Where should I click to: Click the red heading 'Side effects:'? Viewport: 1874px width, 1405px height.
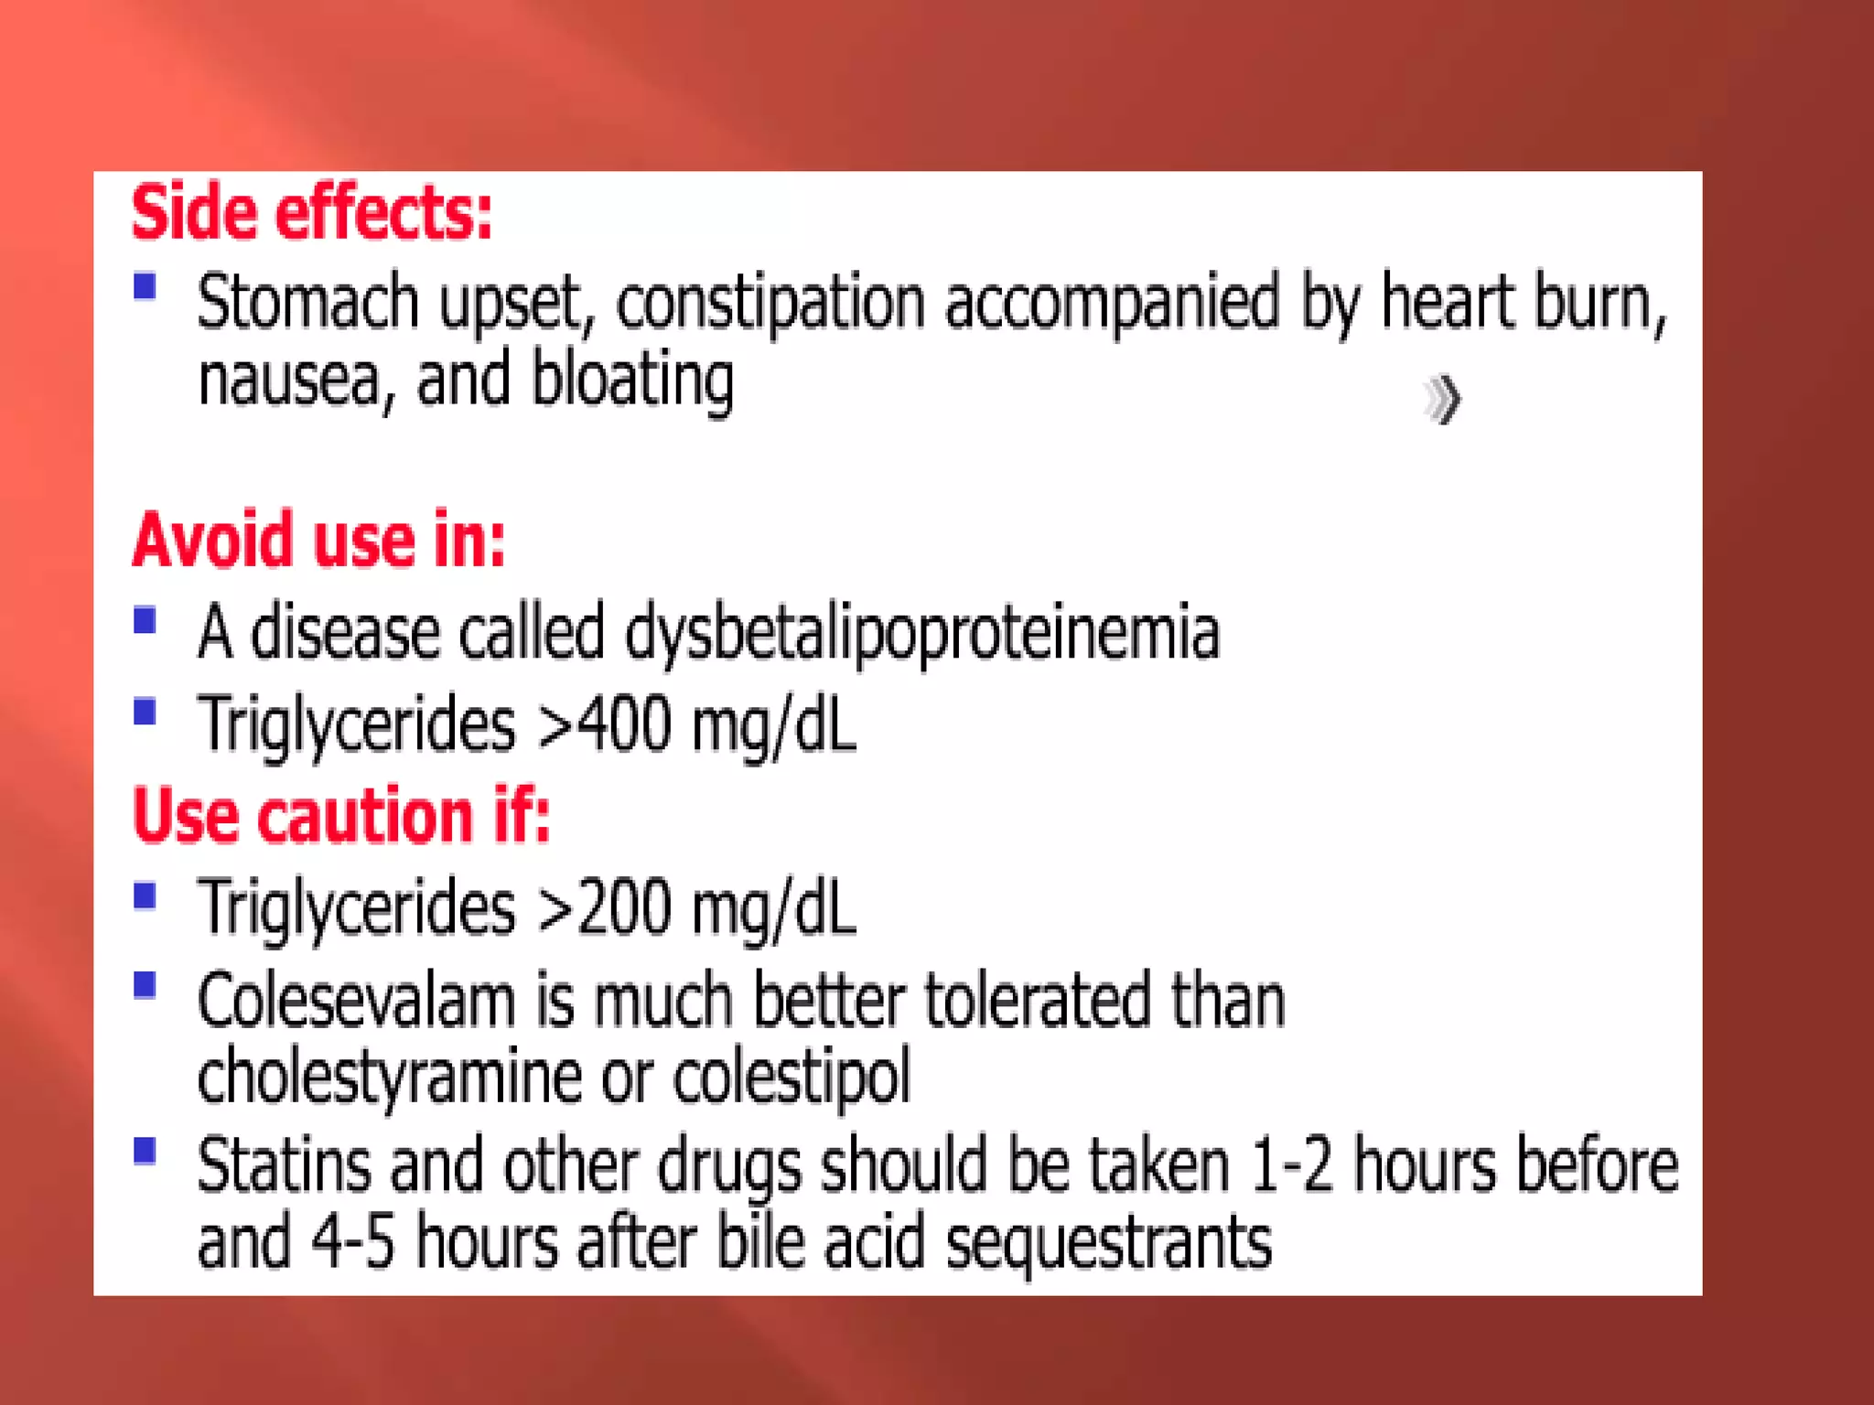(311, 213)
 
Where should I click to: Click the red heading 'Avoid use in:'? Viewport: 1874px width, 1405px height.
(318, 540)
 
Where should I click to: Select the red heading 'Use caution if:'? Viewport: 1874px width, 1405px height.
(341, 815)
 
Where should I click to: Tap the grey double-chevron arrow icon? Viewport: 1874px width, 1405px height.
(1443, 400)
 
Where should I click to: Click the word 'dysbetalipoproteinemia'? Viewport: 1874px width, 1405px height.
(922, 632)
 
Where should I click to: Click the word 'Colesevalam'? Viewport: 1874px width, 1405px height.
(357, 1001)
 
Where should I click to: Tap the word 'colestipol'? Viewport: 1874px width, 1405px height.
(792, 1077)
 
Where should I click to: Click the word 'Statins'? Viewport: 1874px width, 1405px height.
(285, 1165)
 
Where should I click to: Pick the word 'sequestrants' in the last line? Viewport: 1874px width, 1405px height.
(1108, 1242)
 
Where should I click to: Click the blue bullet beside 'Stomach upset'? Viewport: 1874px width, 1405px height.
(145, 286)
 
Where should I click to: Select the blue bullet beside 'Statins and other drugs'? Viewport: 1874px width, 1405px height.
(145, 1151)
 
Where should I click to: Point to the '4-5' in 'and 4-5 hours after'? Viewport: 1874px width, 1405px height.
(352, 1242)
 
